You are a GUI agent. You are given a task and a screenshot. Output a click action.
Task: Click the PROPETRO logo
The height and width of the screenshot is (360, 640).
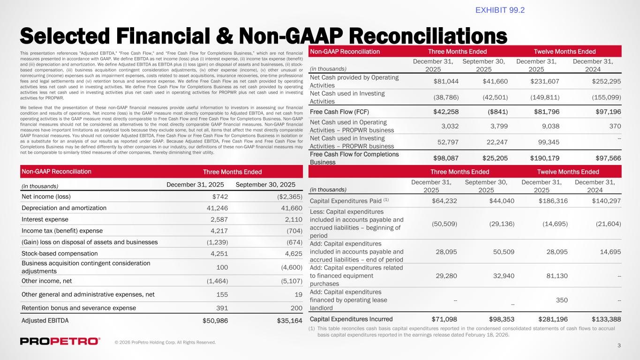[60, 341]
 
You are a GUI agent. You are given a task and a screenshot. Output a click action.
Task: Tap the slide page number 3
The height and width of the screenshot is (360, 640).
[619, 346]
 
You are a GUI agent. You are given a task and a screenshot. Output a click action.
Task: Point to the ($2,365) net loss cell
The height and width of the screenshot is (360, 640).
[286, 197]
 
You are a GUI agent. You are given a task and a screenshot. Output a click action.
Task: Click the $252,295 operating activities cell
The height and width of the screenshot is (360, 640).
[605, 81]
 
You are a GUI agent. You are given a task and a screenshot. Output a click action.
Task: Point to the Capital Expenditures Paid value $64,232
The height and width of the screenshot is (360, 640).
[447, 201]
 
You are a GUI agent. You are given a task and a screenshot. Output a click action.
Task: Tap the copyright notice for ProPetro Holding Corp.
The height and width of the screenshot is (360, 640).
[166, 343]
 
